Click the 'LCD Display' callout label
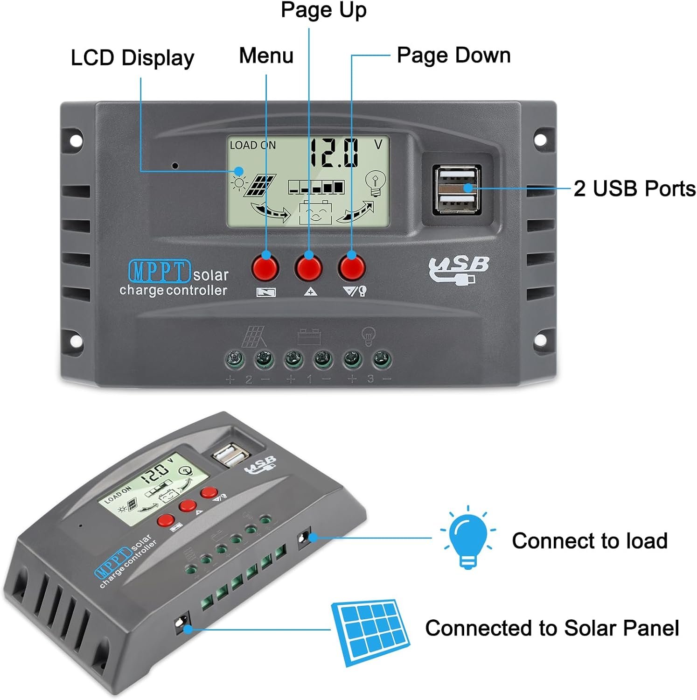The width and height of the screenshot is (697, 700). pos(132,58)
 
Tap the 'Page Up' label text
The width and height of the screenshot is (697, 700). pos(324,10)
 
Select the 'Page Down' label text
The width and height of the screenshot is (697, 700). pos(453,55)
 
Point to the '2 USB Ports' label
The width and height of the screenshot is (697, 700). pos(634,189)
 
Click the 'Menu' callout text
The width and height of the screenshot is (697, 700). pos(266,56)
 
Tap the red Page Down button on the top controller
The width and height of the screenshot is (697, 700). pos(352,267)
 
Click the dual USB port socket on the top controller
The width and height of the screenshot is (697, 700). pos(457,189)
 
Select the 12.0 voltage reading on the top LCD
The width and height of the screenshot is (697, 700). pos(335,153)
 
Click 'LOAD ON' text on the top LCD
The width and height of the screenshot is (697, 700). pos(253,145)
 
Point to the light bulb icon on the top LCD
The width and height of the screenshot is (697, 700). pos(375,183)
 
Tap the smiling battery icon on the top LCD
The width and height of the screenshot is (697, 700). pos(315,213)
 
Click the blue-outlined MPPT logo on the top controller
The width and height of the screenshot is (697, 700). pos(160,271)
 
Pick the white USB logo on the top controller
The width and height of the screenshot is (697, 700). pos(458,270)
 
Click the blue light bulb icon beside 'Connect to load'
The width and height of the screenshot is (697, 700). pos(467,537)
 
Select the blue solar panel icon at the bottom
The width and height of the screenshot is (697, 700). pos(371,632)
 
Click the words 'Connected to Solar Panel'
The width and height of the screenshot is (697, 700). pos(552,628)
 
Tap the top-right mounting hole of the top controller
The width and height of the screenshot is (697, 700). pos(539,140)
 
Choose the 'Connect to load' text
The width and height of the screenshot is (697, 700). pos(590,541)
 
